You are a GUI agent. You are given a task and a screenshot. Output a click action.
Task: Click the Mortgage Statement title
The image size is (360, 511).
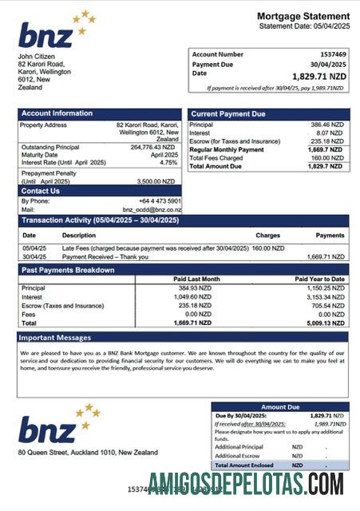[x=303, y=16]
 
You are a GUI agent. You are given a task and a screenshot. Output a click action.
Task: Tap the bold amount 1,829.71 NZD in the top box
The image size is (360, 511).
[x=319, y=76]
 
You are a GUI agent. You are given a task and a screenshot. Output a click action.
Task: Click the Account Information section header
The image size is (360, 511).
[x=57, y=113]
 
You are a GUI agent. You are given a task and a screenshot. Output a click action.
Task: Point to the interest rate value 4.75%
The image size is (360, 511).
[x=168, y=162]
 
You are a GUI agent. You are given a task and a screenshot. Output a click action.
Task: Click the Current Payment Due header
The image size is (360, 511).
[x=228, y=114]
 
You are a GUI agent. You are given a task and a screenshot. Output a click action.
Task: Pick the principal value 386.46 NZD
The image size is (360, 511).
[x=326, y=125]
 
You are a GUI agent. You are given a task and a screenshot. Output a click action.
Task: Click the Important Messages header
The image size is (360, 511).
[x=56, y=338]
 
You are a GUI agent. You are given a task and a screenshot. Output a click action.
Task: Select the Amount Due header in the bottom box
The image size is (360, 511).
[x=279, y=406]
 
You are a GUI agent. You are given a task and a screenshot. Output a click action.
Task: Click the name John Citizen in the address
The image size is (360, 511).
[x=38, y=57]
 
